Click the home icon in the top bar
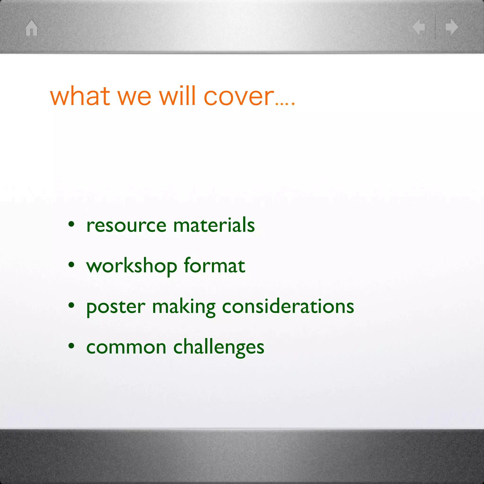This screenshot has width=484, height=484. point(32,28)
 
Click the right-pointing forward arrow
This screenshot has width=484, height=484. point(452,27)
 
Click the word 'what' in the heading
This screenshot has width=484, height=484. point(80,96)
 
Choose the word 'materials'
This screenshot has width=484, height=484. point(214,225)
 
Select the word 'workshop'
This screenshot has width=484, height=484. point(132,266)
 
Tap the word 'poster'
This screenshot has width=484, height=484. point(116,307)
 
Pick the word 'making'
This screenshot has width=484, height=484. point(184,307)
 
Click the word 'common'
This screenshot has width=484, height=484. point(126,348)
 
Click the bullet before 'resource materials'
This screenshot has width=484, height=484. point(71,224)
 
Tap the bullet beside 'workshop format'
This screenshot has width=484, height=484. point(71,264)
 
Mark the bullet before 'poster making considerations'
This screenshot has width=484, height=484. point(71,305)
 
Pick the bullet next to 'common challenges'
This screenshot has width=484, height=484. point(71,346)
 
